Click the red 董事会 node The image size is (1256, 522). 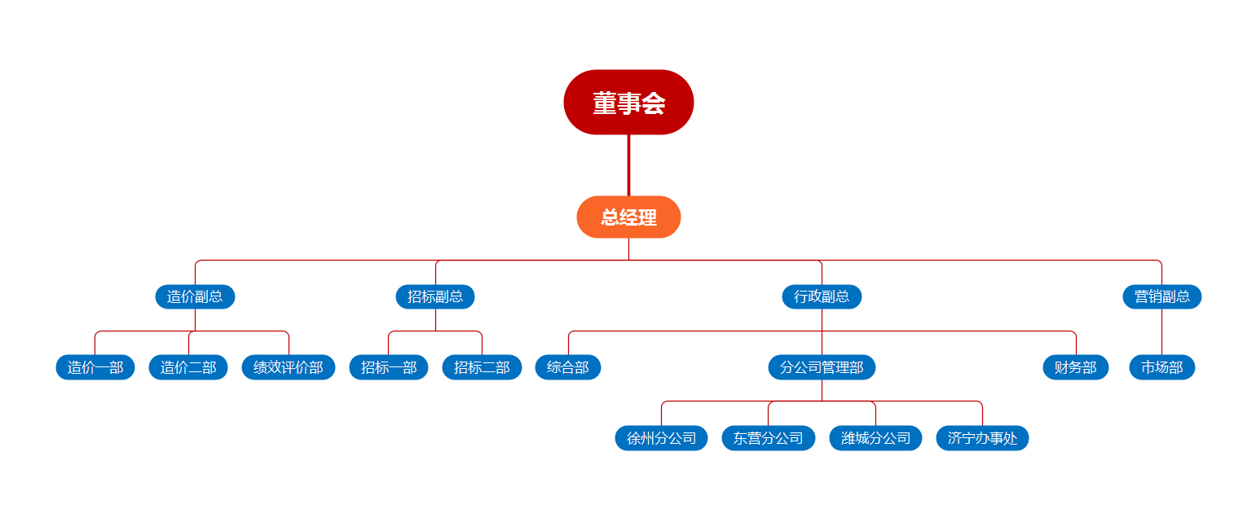point(628,103)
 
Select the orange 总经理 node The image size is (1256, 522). point(628,217)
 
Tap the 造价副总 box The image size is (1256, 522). point(195,296)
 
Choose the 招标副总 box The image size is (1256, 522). point(435,296)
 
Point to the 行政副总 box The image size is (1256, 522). point(822,296)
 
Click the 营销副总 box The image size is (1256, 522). point(1161,296)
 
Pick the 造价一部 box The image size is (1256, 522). point(95,367)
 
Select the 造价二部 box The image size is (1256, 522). point(188,367)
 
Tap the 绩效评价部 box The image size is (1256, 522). point(289,367)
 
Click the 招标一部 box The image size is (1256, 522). point(389,367)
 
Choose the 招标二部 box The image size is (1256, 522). point(482,367)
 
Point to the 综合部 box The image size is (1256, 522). point(568,367)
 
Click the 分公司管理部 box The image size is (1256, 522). point(822,367)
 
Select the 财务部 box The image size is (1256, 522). point(1076,367)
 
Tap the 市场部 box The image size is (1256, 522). point(1161,367)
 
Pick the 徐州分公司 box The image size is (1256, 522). point(661,438)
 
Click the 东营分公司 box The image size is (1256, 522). point(768,438)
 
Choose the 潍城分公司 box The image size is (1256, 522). point(875,438)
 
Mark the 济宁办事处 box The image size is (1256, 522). point(982,438)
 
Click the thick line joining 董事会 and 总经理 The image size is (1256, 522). point(628,165)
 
